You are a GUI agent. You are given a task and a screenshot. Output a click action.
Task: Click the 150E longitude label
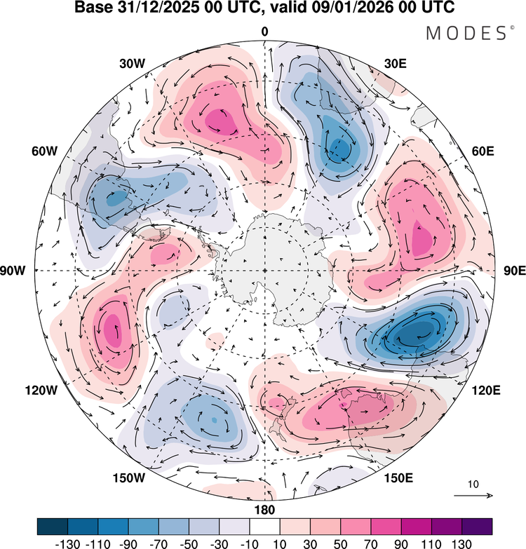pos(398,478)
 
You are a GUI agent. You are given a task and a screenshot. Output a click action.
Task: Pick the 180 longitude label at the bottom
pos(264,510)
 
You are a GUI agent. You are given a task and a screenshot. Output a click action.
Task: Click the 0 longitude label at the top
pos(264,32)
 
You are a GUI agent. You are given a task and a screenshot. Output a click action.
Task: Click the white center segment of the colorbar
pos(264,525)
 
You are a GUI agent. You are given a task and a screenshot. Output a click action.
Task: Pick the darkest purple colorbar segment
pos(477,525)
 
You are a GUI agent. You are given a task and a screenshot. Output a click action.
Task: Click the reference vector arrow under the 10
pos(473,496)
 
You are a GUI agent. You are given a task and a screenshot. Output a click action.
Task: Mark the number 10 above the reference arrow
pos(473,484)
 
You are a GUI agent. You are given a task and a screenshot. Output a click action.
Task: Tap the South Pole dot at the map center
pos(264,270)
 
